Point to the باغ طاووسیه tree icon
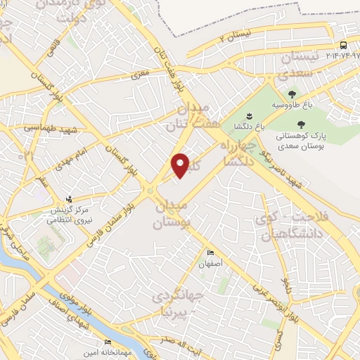pyautogui.click(x=292, y=94)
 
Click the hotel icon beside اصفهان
pyautogui.click(x=210, y=253)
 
